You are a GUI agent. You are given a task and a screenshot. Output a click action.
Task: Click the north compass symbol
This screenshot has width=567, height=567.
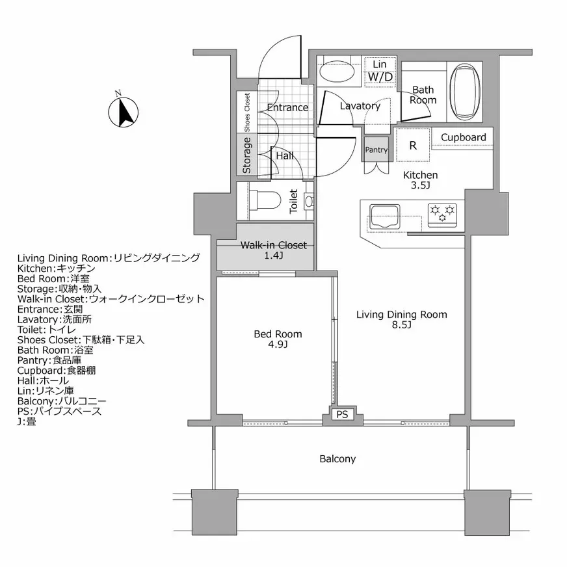(x=124, y=112)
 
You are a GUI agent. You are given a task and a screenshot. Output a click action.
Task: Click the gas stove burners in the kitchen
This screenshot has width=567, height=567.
(x=442, y=212)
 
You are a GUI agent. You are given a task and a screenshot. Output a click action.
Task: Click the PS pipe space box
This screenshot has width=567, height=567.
(x=342, y=414)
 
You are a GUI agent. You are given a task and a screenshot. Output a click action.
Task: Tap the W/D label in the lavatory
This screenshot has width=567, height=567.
(x=380, y=77)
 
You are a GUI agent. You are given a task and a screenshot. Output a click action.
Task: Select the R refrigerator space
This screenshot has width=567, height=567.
(x=413, y=145)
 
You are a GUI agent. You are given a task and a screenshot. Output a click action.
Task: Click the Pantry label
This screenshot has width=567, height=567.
(x=376, y=150)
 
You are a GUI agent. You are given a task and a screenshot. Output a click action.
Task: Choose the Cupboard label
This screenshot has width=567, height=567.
(x=463, y=137)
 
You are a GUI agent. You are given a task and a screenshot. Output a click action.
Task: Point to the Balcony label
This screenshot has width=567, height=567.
(x=337, y=459)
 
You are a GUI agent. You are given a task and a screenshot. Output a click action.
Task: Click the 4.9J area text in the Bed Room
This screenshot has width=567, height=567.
(x=278, y=344)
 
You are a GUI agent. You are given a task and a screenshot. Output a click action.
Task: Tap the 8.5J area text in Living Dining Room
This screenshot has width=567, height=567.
(x=401, y=324)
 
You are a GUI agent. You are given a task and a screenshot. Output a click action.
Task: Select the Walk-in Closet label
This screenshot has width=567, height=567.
(x=273, y=245)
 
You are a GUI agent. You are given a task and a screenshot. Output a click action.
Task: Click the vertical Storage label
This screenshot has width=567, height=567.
(x=246, y=155)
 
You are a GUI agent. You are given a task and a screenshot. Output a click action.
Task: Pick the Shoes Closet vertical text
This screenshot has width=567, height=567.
(x=247, y=112)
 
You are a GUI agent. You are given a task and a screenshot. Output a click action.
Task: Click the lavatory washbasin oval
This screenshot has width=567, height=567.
(x=337, y=72)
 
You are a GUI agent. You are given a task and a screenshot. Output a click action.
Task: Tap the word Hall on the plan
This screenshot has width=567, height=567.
(x=285, y=156)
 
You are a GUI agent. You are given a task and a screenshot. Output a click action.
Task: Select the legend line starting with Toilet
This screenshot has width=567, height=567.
(x=47, y=330)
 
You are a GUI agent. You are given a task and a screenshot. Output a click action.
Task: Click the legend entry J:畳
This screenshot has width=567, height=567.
(x=27, y=421)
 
